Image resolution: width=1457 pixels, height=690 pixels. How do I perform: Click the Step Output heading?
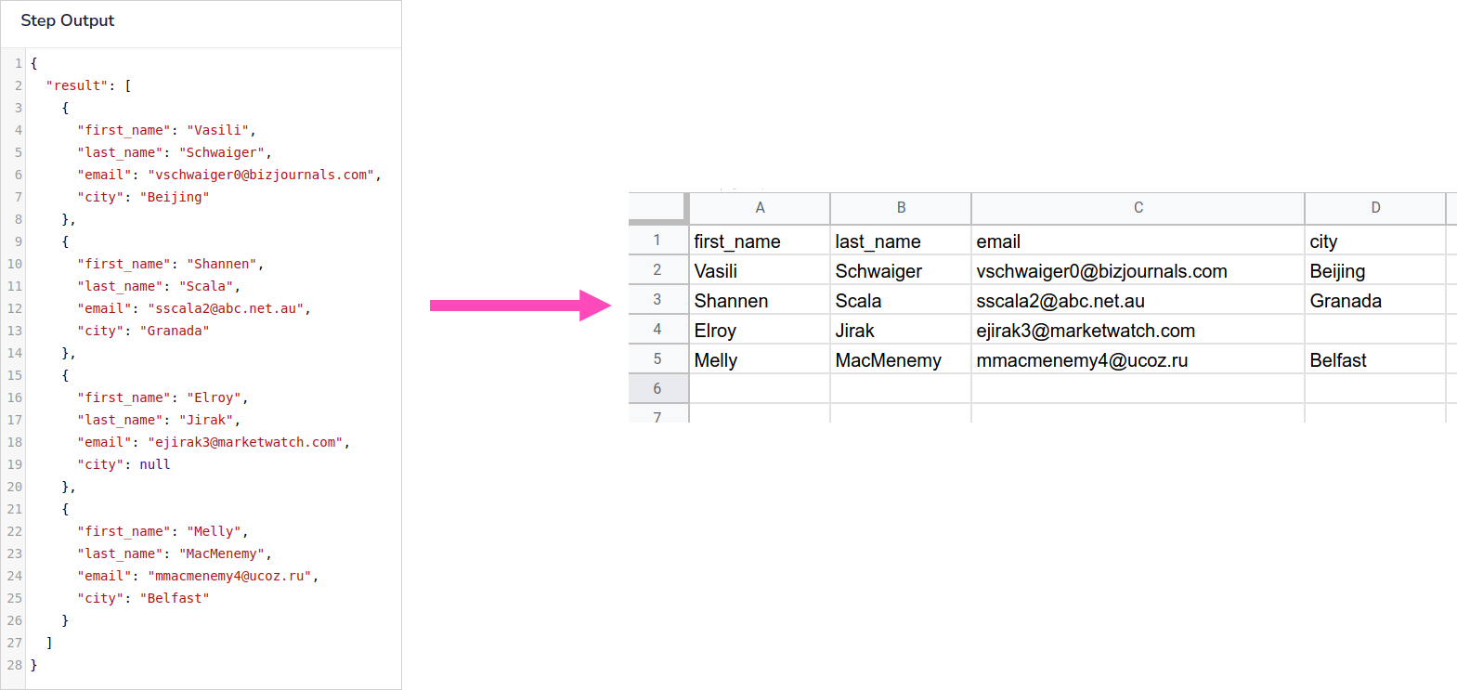tap(67, 20)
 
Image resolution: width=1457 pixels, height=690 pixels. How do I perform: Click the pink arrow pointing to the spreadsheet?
tap(520, 306)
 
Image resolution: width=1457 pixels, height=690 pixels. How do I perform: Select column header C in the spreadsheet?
tap(1138, 208)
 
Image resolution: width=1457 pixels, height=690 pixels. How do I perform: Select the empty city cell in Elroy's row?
tap(1374, 331)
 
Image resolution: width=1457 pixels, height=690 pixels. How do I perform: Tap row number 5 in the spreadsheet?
tap(657, 359)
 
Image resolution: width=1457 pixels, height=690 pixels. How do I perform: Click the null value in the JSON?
tap(155, 464)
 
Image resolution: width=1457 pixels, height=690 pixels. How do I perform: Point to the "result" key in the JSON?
tap(77, 85)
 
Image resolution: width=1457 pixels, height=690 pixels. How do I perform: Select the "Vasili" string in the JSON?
tap(217, 130)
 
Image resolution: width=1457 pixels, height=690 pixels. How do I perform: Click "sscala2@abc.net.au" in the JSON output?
tap(226, 308)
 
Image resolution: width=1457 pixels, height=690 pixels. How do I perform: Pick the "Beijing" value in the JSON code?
tap(175, 197)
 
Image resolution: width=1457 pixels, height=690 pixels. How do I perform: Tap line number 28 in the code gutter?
tap(14, 665)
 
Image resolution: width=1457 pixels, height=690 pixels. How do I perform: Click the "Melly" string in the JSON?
tap(214, 531)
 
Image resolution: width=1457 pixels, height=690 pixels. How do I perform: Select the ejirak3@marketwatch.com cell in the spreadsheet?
tap(1086, 331)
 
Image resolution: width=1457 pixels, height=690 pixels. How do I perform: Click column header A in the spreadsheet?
tap(760, 208)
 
